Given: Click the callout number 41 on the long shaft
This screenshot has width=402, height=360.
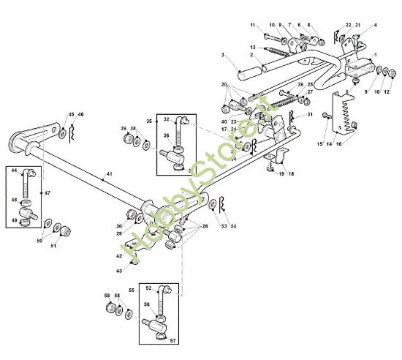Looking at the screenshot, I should pos(109,175).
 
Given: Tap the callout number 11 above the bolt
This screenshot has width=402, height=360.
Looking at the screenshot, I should pos(253,26).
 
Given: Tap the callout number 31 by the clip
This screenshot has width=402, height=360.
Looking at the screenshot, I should pos(309,116).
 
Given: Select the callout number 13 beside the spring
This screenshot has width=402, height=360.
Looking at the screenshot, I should pos(252,48).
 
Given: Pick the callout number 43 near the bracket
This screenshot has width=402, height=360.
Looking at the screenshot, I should pos(119,271).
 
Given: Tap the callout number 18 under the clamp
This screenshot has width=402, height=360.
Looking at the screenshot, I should pos(291,174).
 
